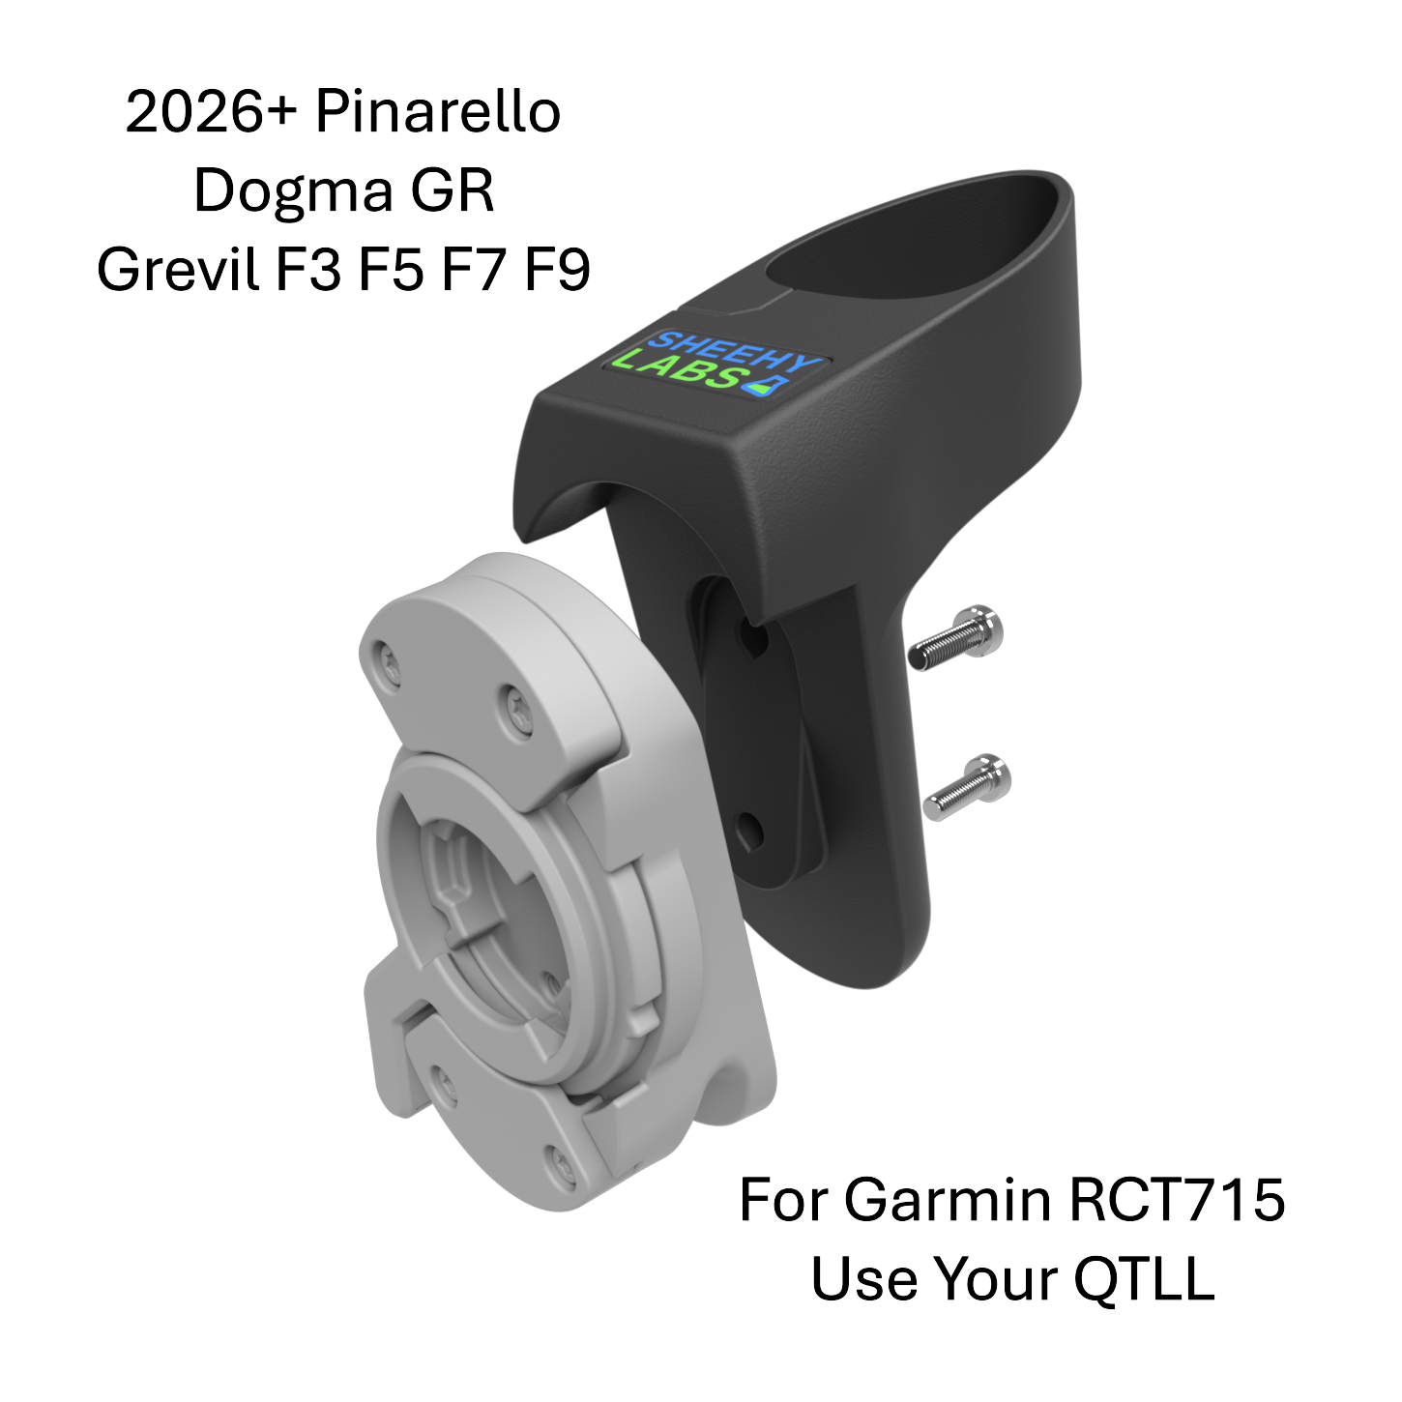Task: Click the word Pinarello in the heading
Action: pyautogui.click(x=437, y=113)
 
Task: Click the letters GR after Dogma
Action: pyautogui.click(x=452, y=192)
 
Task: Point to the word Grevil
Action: pyautogui.click(x=179, y=270)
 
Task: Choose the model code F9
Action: pyautogui.click(x=557, y=270)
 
